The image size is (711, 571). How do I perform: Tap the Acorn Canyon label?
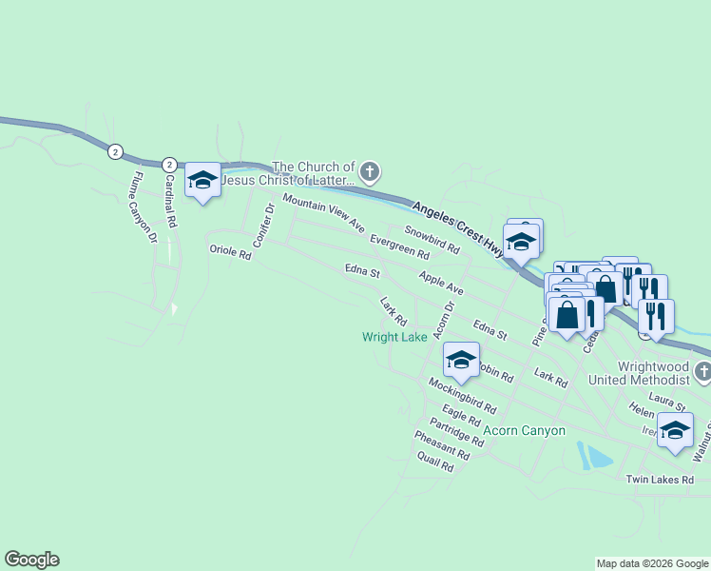[524, 430]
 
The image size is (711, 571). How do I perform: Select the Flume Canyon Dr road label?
[144, 206]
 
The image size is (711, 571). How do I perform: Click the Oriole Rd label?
[230, 253]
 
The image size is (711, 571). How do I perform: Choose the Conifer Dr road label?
[264, 226]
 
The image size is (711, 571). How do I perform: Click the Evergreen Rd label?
[399, 247]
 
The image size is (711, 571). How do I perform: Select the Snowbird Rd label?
[432, 239]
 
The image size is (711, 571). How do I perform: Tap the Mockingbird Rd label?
[462, 395]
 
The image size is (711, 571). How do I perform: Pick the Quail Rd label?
[435, 462]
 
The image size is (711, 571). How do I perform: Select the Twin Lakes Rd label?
[660, 480]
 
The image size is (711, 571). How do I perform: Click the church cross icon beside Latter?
[371, 172]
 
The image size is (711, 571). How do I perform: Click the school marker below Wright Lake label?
[461, 360]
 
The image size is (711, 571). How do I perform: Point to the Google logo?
[31, 560]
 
